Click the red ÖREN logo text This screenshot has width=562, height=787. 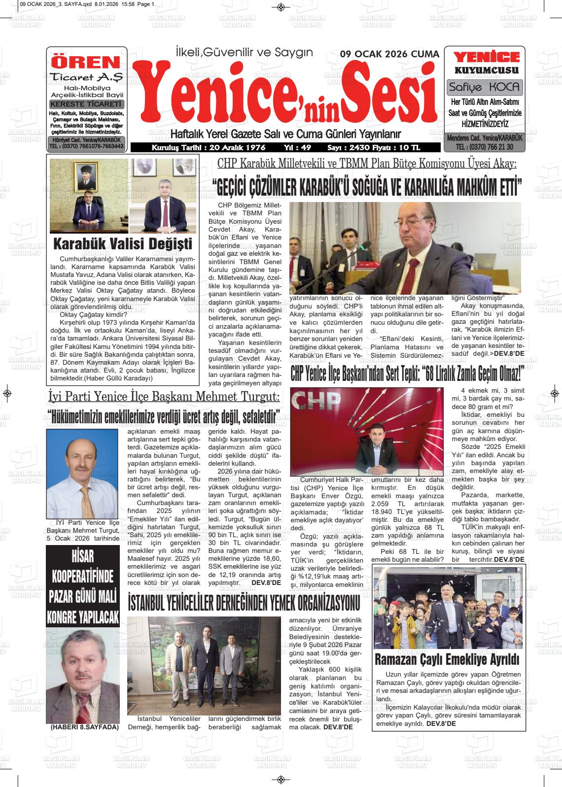(x=86, y=63)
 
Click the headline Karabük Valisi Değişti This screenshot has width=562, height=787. (x=122, y=243)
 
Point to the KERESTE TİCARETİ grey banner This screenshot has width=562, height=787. (x=87, y=104)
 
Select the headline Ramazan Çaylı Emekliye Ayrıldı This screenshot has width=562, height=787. (x=448, y=659)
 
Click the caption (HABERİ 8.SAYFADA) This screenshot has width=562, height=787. (x=85, y=727)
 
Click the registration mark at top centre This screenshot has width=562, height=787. (x=281, y=7)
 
